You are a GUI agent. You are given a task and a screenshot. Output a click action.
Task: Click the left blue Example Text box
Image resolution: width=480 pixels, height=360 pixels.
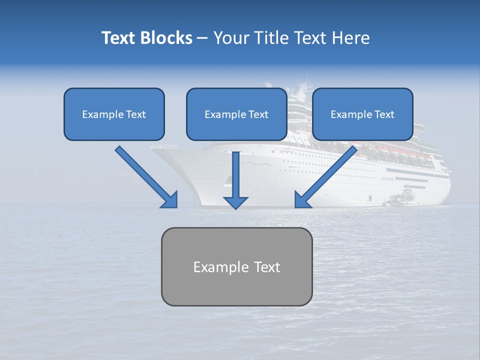114,114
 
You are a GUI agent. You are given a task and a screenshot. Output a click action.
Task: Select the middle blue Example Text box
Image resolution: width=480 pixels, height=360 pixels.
236,114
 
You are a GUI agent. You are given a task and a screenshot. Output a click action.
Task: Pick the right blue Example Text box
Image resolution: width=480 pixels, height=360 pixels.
362,114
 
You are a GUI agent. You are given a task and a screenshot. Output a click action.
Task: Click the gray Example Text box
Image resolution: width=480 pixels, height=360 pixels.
236,266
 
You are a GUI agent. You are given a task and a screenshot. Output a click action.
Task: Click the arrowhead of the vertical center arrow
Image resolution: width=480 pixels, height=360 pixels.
235,202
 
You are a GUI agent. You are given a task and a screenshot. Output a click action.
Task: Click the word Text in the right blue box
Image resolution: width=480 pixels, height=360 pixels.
384,114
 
